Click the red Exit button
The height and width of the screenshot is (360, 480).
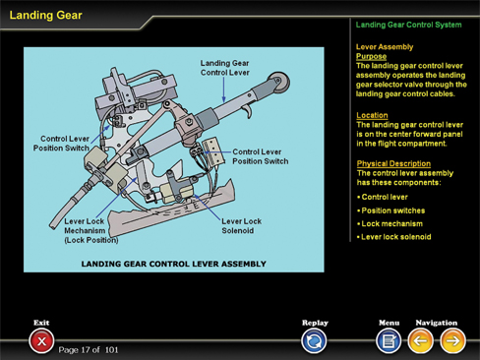[x=41, y=341]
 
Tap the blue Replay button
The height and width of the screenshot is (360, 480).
[x=314, y=341]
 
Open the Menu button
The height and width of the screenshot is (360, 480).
[x=389, y=341]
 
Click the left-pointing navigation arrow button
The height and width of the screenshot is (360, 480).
[x=420, y=341]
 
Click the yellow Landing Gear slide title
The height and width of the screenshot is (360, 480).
[x=45, y=15]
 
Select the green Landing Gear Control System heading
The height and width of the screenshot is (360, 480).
[x=408, y=25]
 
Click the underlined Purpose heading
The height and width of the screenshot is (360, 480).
[x=372, y=56]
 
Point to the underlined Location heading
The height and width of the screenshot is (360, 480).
[x=372, y=115]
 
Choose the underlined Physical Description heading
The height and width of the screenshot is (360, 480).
[x=393, y=163]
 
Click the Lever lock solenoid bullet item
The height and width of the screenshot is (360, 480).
[x=394, y=237]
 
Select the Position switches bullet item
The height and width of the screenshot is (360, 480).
[x=391, y=210]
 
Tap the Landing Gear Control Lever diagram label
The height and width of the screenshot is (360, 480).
[x=225, y=68]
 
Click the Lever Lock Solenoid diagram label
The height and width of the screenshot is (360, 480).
[x=242, y=226]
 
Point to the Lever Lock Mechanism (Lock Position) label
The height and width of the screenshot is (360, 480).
[x=91, y=230]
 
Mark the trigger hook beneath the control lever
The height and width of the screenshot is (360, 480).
[x=248, y=111]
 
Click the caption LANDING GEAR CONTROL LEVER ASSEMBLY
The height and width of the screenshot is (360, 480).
[x=174, y=264]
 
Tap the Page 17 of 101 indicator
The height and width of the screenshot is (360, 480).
[x=89, y=350]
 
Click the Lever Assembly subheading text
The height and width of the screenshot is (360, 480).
[x=385, y=47]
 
